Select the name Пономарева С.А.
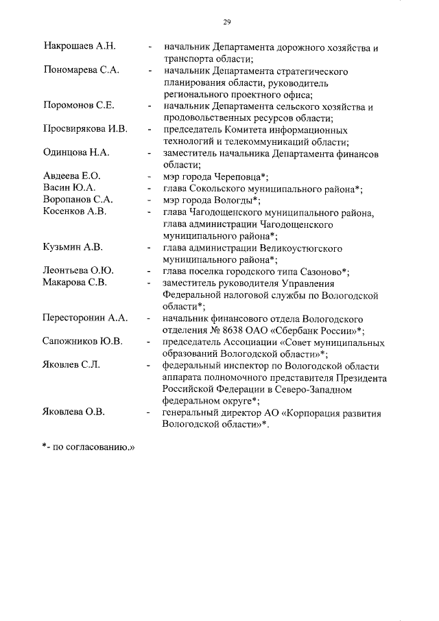pyautogui.click(x=82, y=71)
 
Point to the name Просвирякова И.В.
pyautogui.click(x=85, y=129)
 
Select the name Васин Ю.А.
pyautogui.click(x=69, y=188)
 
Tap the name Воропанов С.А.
pyautogui.click(x=78, y=200)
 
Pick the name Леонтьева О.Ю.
pyautogui.click(x=78, y=271)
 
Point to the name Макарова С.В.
pyautogui.click(x=75, y=283)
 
